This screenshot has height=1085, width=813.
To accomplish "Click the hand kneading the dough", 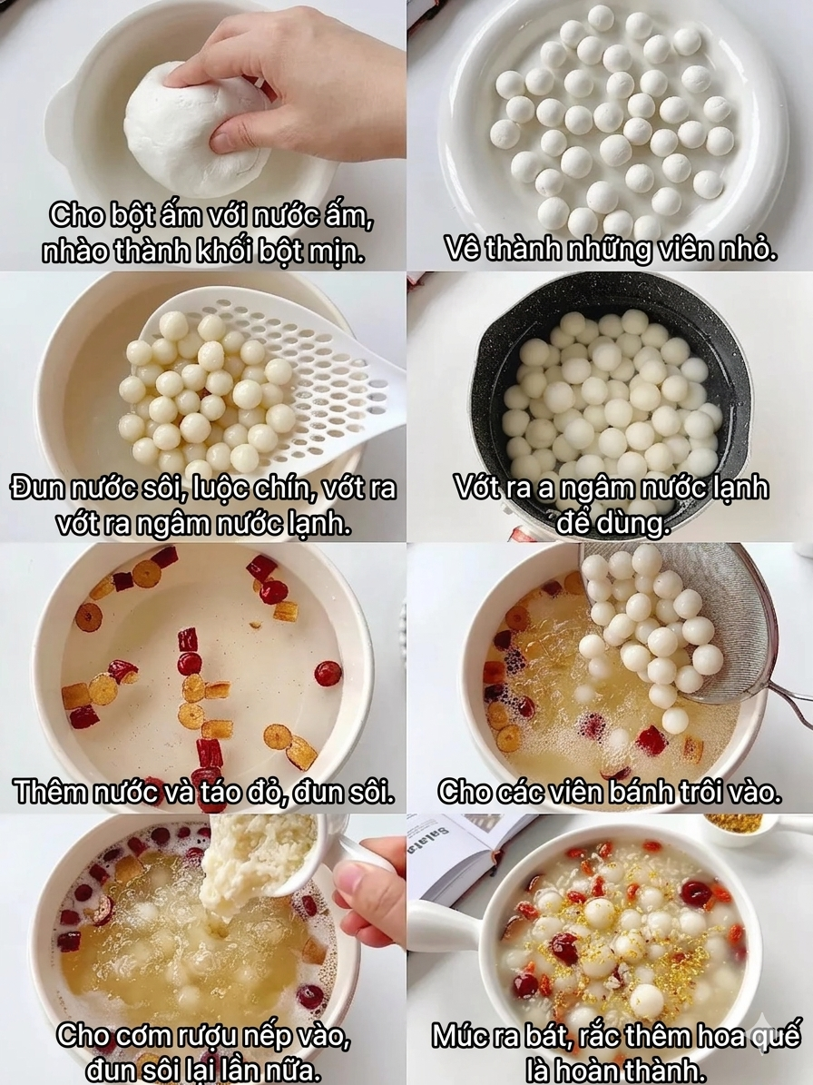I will (x=299, y=86).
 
